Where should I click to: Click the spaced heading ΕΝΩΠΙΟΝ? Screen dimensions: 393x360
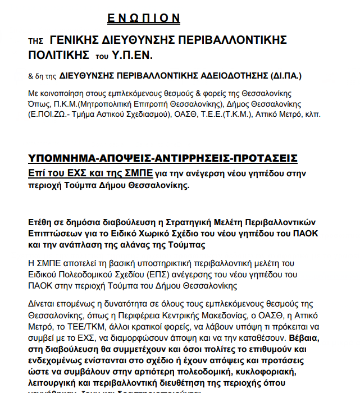click(144, 19)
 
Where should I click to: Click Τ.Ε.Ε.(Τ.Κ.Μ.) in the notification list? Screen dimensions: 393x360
click(227, 115)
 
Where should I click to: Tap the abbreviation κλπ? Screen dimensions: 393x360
click(310, 115)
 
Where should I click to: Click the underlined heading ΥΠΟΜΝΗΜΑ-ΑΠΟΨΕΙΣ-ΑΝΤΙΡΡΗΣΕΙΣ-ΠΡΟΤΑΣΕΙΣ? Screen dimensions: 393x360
click(163, 158)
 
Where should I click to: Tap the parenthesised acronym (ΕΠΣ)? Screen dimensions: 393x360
click(166, 275)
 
